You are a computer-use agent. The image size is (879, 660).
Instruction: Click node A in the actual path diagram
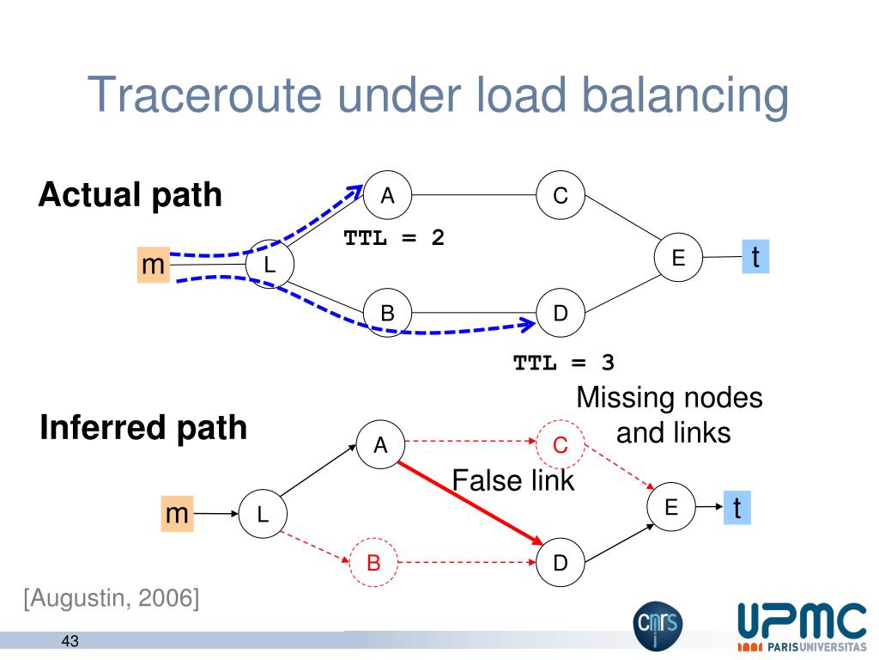coord(388,196)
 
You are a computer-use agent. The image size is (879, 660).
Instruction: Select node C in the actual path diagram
coord(561,196)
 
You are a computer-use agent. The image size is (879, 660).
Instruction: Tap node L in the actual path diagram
coord(270,265)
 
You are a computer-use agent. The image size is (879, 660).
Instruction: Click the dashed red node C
coord(561,444)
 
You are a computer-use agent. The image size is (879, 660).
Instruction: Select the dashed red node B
coord(374,563)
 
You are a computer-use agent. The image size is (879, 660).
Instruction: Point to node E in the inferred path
coord(670,508)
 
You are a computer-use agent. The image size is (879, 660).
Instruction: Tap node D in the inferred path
coord(561,563)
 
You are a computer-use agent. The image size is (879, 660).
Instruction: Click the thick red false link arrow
coord(469,504)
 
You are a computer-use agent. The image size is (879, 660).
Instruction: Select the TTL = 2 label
coord(394,237)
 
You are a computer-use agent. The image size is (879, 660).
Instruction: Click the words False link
coord(513,480)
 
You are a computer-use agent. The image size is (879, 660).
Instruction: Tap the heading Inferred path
coord(143,428)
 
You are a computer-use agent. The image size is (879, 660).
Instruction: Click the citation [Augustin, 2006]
coord(112,597)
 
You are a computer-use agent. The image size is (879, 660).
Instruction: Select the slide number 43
coord(70,641)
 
